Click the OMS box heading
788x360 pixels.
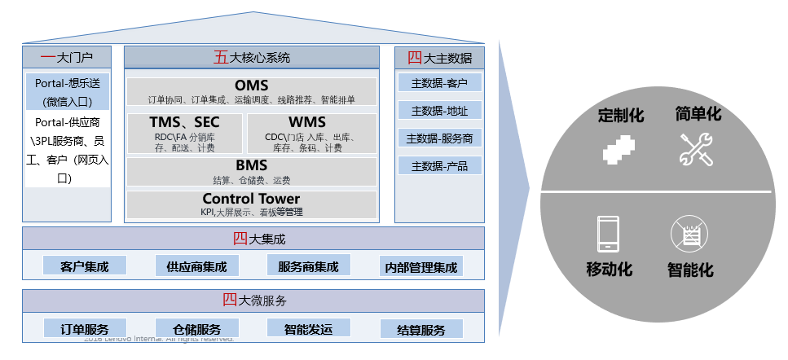(x=251, y=86)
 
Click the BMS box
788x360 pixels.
(x=251, y=172)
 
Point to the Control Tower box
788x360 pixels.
(x=251, y=204)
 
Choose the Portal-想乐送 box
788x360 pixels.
(x=67, y=92)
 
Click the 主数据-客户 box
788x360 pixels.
(x=439, y=82)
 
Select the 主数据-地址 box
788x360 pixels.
(x=439, y=110)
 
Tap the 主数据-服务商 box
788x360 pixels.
(x=439, y=138)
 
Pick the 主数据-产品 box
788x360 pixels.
(x=439, y=166)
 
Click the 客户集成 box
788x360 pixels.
(x=85, y=266)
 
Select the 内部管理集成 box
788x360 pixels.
(x=421, y=267)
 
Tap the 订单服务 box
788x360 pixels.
(x=85, y=329)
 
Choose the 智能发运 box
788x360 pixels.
(x=309, y=329)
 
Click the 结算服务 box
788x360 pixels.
(x=421, y=330)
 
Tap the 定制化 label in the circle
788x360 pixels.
(x=620, y=115)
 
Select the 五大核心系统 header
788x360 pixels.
(x=251, y=58)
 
